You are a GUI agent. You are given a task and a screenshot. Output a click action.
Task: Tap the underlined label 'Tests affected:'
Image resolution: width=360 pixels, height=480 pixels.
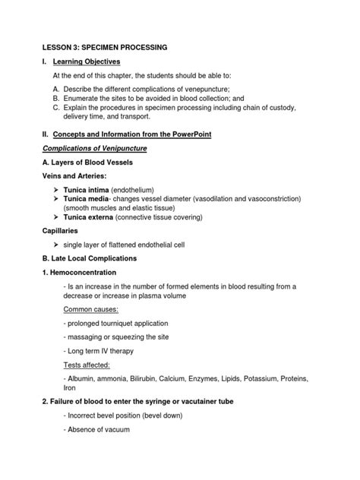87,364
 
